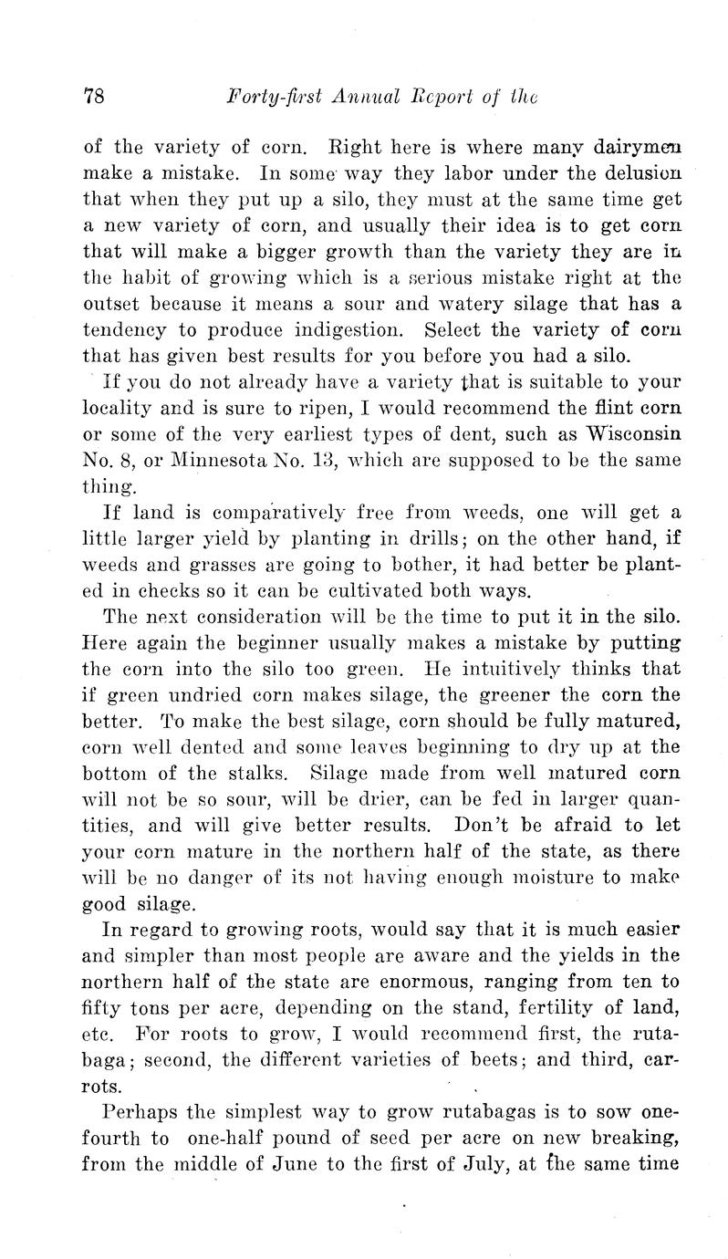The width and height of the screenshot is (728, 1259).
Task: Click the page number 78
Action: tap(96, 96)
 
